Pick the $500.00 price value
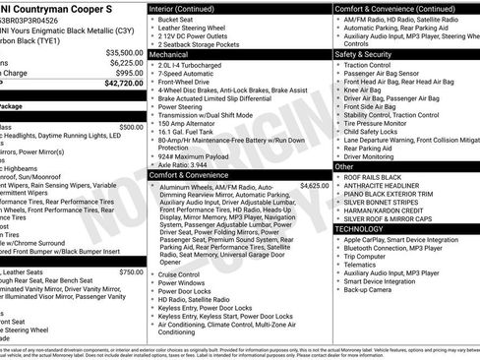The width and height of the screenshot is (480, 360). coord(130,127)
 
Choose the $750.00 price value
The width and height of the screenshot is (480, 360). coord(130,271)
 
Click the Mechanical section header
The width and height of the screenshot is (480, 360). coord(171,56)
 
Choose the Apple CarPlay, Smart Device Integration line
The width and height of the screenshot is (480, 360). coord(402,240)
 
